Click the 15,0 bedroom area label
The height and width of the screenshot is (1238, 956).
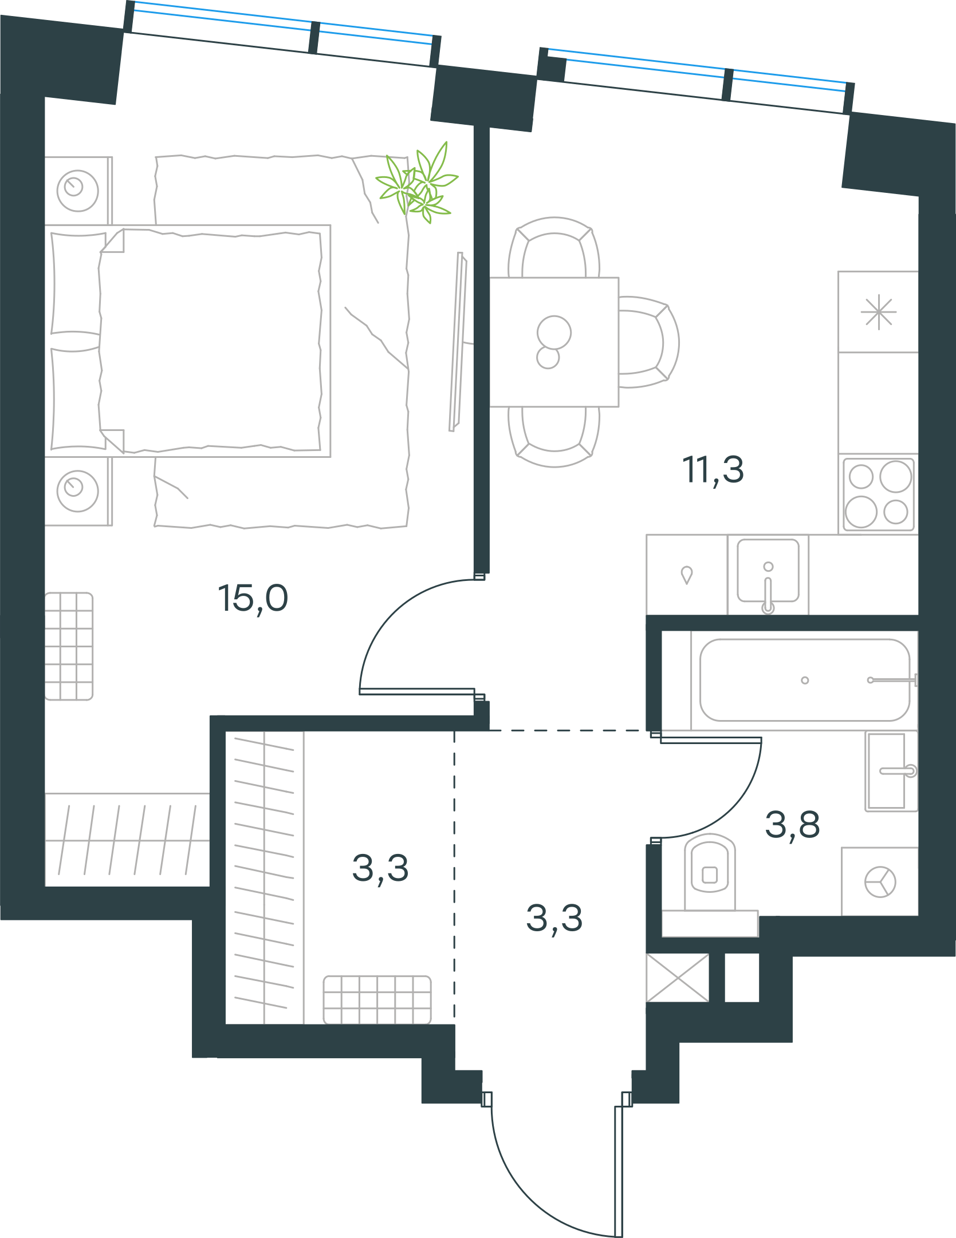[253, 599]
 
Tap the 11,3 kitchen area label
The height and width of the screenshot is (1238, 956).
[713, 470]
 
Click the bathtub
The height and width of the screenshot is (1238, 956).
[804, 681]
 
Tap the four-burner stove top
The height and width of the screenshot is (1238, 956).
[879, 494]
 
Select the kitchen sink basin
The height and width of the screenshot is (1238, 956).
[768, 571]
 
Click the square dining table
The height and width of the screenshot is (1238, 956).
[554, 342]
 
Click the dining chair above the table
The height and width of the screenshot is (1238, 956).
[554, 247]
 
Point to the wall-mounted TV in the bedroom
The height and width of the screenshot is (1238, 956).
[459, 342]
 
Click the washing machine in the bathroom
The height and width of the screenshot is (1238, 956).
[880, 881]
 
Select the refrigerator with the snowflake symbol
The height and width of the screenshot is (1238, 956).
[878, 312]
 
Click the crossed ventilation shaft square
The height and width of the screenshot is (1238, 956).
[678, 978]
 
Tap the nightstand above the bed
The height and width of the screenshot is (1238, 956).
[78, 191]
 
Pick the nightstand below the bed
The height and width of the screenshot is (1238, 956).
[78, 491]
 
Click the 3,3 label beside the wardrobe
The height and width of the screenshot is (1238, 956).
[380, 868]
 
